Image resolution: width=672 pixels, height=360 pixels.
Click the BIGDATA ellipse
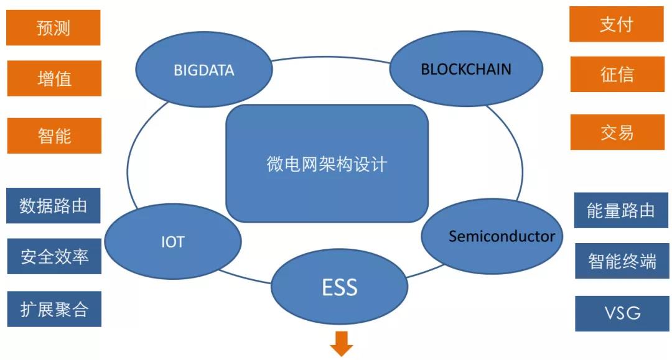[x=203, y=69]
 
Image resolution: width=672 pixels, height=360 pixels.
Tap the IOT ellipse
[x=172, y=241]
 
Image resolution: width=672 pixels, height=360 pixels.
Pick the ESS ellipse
[x=339, y=287]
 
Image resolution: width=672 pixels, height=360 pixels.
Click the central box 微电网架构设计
[x=327, y=164]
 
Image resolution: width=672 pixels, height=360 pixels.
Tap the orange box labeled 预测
[x=54, y=28]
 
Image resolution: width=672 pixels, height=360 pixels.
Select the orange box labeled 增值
[x=54, y=78]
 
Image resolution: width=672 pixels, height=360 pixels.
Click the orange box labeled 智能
[x=54, y=136]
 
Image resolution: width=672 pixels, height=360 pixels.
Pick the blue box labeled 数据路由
[x=54, y=206]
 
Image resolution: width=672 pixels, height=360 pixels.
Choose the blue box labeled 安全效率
[x=54, y=256]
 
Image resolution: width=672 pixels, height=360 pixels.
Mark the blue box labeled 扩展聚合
[x=54, y=309]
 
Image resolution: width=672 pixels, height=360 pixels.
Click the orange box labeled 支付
[x=616, y=25]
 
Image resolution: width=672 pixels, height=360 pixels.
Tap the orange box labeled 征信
[x=617, y=75]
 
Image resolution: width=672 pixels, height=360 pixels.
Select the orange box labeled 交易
[x=617, y=132]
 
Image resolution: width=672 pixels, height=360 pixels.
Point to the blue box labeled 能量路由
[x=621, y=210]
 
